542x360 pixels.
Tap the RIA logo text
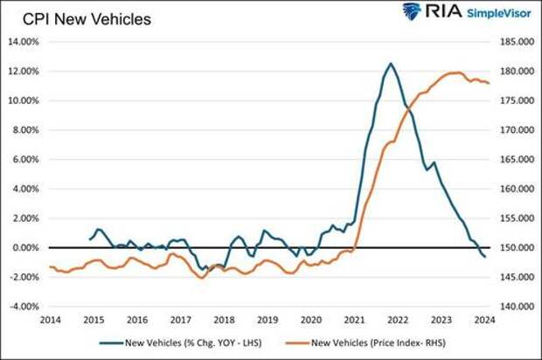pos(436,11)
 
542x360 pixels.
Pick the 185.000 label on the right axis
pos(512,41)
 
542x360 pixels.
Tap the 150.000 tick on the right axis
pos(512,248)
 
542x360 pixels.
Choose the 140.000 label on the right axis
pos(512,308)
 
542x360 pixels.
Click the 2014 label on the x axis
pos(49,321)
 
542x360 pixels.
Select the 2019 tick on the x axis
pos(268,321)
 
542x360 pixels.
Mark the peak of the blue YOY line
pos(390,63)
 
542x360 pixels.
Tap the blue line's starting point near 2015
pos(90,239)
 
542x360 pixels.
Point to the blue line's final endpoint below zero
pos(485,257)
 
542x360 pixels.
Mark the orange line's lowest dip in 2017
pos(202,278)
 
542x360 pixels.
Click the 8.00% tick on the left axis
pos(24,130)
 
